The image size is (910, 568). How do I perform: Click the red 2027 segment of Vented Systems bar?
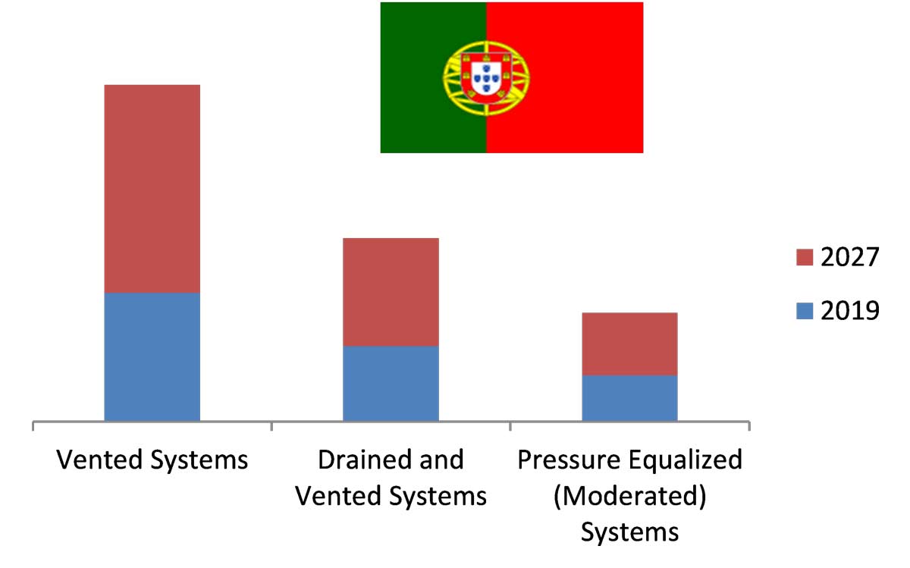152,188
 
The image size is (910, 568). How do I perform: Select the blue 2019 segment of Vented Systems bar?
152,356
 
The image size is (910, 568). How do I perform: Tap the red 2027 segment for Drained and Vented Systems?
391,292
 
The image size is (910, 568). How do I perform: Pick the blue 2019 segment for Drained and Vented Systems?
391,383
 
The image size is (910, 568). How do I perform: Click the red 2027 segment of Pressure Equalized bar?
629,344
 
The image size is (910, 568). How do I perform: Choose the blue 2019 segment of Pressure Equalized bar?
629,397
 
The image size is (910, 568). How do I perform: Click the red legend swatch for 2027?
805,257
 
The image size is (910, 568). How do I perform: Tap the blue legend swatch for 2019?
805,310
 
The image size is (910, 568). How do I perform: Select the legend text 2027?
849,257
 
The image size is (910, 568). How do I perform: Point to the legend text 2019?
849,310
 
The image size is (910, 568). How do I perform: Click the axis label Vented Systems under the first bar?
152,460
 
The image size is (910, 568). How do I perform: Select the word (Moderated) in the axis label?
629,497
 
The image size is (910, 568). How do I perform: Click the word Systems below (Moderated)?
629,532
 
